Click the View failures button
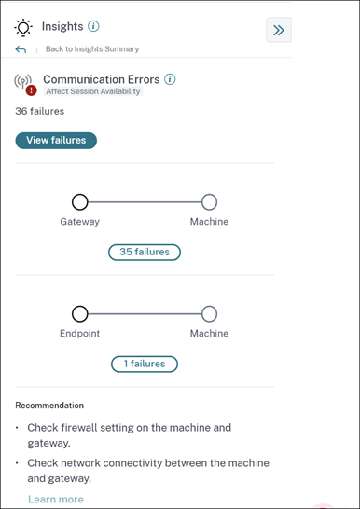click(x=56, y=141)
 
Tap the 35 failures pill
click(x=145, y=253)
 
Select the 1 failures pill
click(x=145, y=364)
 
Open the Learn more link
click(x=56, y=500)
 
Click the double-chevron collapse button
click(x=279, y=30)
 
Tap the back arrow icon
click(x=21, y=49)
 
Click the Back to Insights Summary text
click(x=92, y=49)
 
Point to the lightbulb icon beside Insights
click(x=23, y=27)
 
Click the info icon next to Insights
click(x=93, y=26)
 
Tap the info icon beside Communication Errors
click(x=170, y=79)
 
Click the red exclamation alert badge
click(x=31, y=90)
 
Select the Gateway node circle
click(x=80, y=202)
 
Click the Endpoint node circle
click(x=80, y=314)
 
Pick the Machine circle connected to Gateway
click(x=209, y=202)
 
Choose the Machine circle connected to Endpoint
click(x=209, y=314)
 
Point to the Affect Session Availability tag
click(x=93, y=91)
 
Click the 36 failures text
click(x=39, y=111)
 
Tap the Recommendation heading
click(x=49, y=406)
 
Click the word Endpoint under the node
click(x=80, y=334)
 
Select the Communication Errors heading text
click(x=102, y=79)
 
